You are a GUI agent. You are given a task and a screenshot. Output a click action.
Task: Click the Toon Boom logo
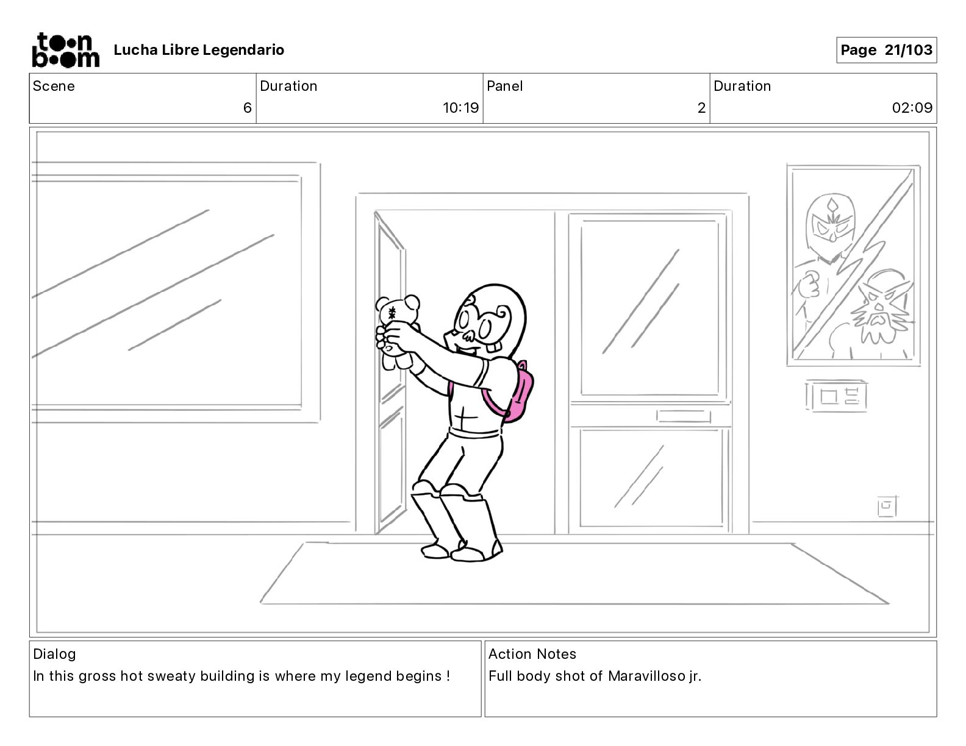coord(66,50)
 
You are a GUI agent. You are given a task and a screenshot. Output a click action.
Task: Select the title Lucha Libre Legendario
coord(199,50)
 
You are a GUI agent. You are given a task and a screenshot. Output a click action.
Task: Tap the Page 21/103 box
coord(887,50)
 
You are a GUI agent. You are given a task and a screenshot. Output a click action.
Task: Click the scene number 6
coord(247,107)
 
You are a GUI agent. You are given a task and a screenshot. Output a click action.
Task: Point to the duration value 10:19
coord(460,107)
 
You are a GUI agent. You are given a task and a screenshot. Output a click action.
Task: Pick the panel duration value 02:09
coord(912,107)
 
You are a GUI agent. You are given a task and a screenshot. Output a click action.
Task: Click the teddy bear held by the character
coord(397,330)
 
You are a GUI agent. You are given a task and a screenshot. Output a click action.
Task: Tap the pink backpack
coord(511,392)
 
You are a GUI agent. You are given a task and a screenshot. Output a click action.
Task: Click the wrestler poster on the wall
coord(853,265)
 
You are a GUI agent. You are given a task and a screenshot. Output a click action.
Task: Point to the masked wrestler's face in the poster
coord(831,223)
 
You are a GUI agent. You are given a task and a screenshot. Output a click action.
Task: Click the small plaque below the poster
coord(835,396)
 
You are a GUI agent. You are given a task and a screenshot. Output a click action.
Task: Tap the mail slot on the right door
coord(683,416)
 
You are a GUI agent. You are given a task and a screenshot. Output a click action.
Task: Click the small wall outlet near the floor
coord(887,506)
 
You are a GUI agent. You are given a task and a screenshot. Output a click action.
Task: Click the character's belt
coord(475,432)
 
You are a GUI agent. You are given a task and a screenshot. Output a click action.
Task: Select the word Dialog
coord(54,654)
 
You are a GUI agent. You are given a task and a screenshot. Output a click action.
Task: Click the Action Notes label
coord(532,654)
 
